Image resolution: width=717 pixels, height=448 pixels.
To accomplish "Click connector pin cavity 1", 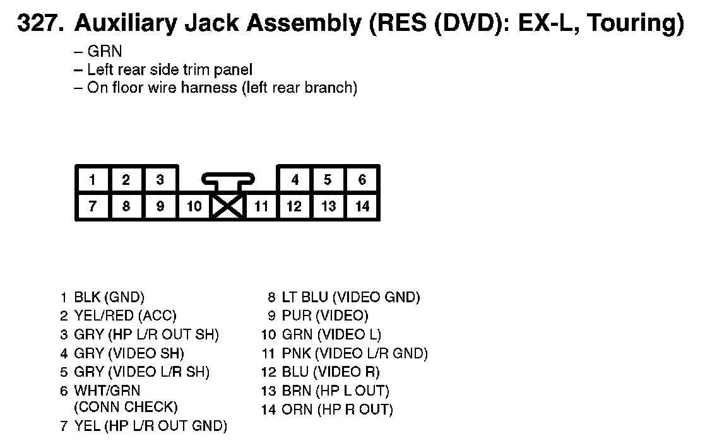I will tap(92, 180).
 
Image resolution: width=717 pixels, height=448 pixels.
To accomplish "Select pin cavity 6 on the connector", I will tap(362, 180).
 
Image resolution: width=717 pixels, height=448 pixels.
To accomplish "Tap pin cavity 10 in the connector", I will tap(194, 206).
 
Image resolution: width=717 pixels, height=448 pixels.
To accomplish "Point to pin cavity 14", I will tap(362, 206).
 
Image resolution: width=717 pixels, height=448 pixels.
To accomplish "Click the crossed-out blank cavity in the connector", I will tap(228, 206).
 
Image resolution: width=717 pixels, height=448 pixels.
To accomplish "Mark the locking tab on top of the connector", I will tap(228, 180).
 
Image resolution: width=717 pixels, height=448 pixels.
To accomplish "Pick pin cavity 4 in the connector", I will tap(295, 180).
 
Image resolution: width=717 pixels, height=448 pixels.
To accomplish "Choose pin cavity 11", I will tap(261, 206).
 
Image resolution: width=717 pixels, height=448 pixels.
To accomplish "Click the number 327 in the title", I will tap(39, 24).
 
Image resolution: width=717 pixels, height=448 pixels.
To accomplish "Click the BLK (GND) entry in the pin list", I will tap(109, 297).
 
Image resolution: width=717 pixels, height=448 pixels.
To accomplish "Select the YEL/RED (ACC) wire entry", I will tap(125, 315).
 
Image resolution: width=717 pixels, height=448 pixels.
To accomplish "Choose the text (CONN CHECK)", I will tap(126, 407).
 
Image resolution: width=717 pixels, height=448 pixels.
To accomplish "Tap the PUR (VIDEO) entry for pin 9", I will tap(324, 315).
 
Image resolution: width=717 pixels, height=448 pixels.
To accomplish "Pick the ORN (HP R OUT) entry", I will tap(337, 410).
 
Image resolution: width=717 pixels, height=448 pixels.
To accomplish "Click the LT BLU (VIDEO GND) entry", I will tap(350, 297).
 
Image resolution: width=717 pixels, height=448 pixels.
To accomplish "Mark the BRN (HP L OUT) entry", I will tap(335, 391).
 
